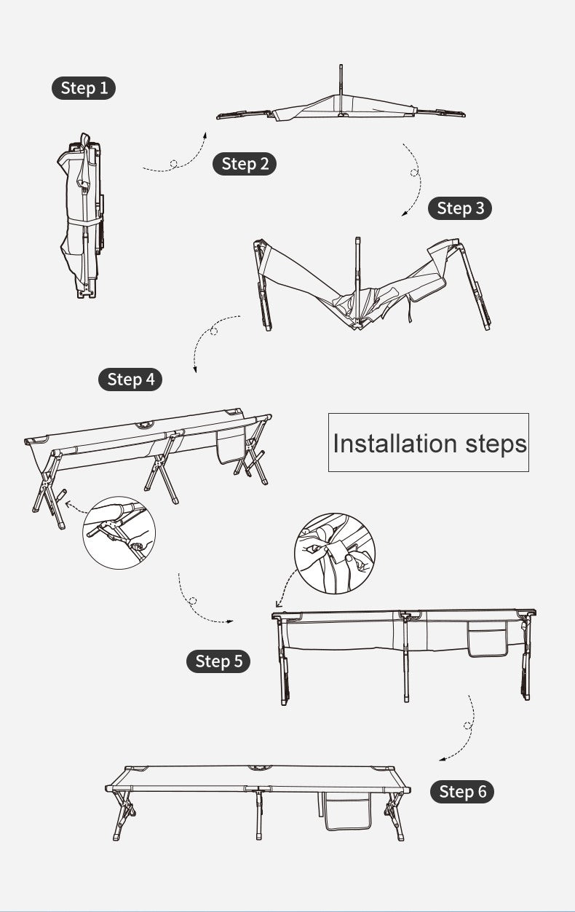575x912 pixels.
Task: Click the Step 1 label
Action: pyautogui.click(x=84, y=88)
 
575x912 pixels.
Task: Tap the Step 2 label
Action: pyautogui.click(x=245, y=164)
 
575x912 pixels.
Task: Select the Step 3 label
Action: pyautogui.click(x=460, y=208)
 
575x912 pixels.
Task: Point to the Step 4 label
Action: pyautogui.click(x=130, y=380)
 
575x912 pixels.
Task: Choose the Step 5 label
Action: pyautogui.click(x=218, y=661)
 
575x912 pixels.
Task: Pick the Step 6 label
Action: pyautogui.click(x=462, y=792)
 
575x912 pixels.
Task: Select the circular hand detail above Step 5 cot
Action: pyautogui.click(x=335, y=554)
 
